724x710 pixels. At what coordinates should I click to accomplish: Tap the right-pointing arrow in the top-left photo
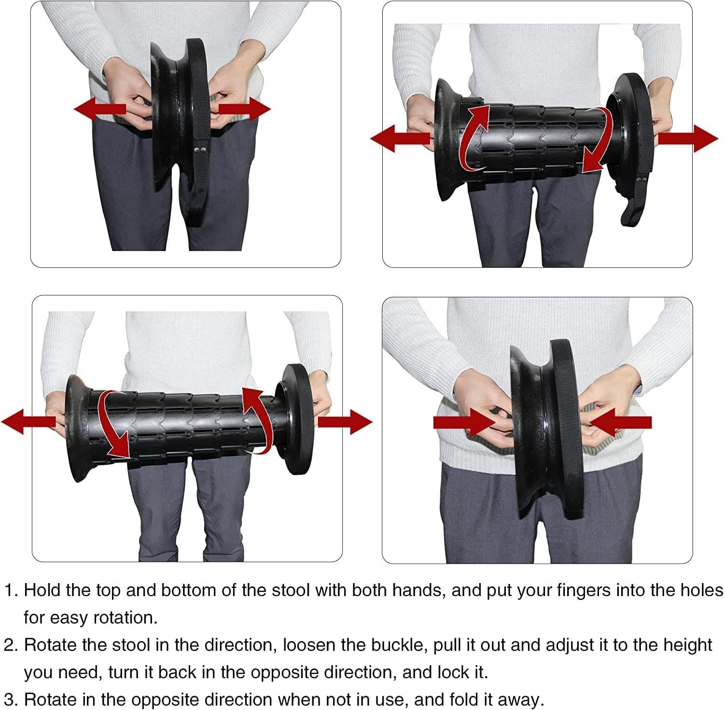(244, 109)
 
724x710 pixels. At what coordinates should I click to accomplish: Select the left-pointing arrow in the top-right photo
(401, 139)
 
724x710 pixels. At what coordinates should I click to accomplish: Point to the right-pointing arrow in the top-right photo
(688, 139)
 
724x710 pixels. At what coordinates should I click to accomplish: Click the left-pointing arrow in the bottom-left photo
(29, 422)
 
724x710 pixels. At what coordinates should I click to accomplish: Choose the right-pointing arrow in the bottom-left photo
(345, 422)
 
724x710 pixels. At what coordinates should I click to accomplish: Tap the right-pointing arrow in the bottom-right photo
(465, 422)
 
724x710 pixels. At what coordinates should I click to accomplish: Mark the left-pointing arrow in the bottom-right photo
(620, 422)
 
